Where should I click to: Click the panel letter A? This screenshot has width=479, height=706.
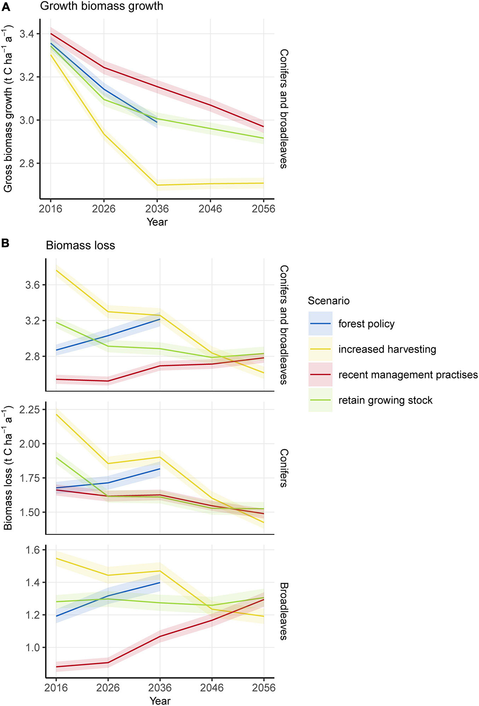tap(6, 7)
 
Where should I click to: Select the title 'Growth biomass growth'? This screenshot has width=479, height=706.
tap(101, 6)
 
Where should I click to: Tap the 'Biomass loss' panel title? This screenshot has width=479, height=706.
tap(80, 245)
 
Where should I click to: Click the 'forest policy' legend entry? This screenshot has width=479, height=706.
tap(366, 324)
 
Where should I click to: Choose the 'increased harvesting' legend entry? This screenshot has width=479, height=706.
tap(387, 349)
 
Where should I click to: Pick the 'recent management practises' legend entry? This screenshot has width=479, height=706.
tap(408, 375)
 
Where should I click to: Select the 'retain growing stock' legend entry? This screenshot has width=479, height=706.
tap(385, 400)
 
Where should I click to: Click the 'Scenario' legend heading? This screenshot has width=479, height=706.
tap(328, 301)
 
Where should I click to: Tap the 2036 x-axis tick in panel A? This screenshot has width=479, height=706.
tap(157, 209)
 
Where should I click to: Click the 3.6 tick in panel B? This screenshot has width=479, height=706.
tap(33, 285)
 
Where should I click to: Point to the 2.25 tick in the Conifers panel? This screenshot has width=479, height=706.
tap(30, 410)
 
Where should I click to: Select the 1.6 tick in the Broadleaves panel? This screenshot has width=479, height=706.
tap(33, 550)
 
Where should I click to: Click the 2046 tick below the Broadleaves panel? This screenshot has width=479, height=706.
tap(212, 688)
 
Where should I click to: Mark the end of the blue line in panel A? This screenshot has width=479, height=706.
tap(157, 122)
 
